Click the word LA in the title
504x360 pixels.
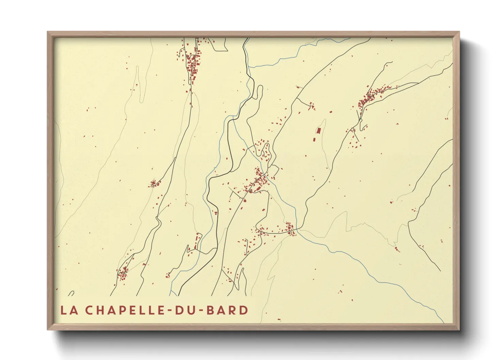click(68, 310)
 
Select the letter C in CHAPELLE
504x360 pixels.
click(89, 310)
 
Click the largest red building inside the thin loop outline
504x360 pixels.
click(319, 131)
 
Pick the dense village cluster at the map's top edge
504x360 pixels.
click(193, 63)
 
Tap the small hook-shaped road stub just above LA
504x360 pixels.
click(71, 293)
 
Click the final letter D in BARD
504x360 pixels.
click(243, 310)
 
